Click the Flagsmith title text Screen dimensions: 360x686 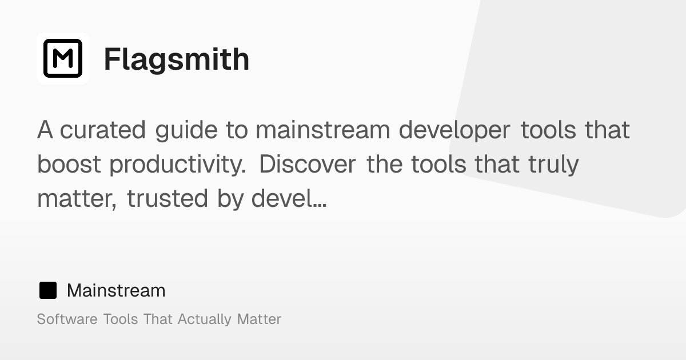pyautogui.click(x=176, y=59)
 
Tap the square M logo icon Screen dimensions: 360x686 pyautogui.click(x=63, y=58)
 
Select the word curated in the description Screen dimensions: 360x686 pyautogui.click(x=103, y=130)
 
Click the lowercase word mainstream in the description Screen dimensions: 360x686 pyautogui.click(x=322, y=130)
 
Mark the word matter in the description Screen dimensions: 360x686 pyautogui.click(x=77, y=199)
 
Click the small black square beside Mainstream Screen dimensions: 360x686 pyautogui.click(x=48, y=290)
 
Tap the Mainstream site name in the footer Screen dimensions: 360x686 pyautogui.click(x=116, y=290)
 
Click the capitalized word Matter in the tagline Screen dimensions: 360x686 pyautogui.click(x=259, y=319)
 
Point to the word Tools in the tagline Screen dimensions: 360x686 pyautogui.click(x=120, y=319)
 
